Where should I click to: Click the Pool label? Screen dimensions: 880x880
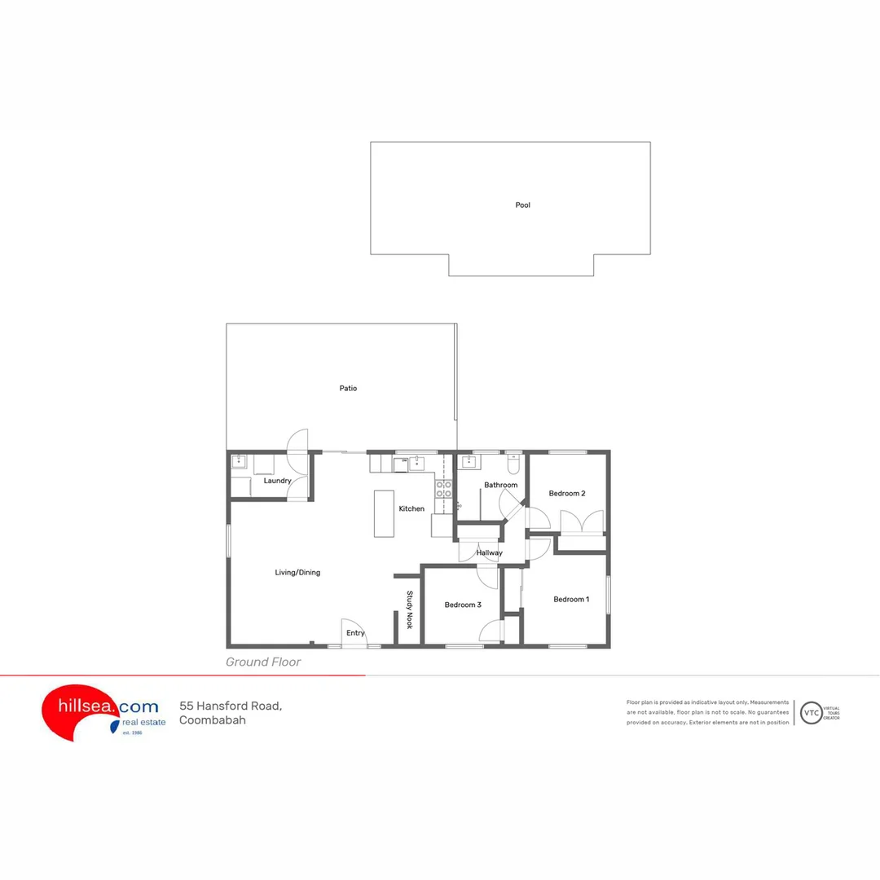[522, 205]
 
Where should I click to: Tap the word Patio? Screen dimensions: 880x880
[348, 389]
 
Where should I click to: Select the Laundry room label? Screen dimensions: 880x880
[277, 481]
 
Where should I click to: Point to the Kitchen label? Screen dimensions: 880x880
[411, 509]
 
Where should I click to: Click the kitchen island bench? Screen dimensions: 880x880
[384, 513]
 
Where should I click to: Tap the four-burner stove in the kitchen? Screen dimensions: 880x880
[444, 489]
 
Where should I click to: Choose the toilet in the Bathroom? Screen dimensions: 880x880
[513, 464]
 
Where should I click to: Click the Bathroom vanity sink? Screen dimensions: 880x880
[469, 463]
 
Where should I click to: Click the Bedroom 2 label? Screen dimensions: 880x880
[566, 494]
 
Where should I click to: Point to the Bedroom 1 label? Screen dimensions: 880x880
[571, 600]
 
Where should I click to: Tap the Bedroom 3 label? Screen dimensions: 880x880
[463, 605]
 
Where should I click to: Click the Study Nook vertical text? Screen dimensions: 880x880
[410, 609]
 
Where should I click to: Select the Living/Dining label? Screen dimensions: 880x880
[297, 573]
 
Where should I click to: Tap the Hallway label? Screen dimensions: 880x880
[490, 553]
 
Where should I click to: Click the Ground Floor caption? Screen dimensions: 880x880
[263, 662]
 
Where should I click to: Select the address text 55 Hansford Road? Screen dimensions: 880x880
[231, 706]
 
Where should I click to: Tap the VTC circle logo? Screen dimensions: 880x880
[811, 713]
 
